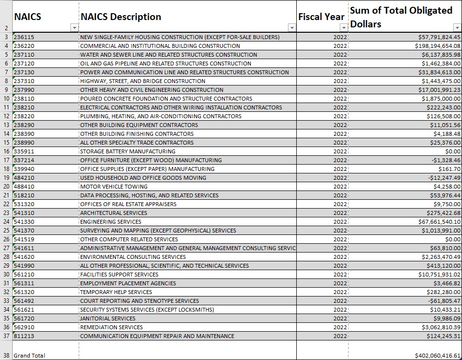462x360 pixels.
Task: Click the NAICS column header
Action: pos(28,17)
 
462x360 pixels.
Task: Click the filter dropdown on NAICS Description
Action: pos(292,28)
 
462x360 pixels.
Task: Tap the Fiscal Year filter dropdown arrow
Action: pos(344,28)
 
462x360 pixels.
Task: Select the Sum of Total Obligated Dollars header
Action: pos(401,17)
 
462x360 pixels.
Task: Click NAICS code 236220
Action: pos(24,46)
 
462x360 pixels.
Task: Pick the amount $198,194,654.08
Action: pos(438,46)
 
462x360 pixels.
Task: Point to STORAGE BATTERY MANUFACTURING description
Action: pos(128,151)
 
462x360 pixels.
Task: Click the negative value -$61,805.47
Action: pos(444,301)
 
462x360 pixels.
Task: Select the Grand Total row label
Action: pos(29,356)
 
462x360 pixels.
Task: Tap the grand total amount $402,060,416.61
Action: pos(438,356)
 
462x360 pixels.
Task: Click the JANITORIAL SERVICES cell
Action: pos(108,318)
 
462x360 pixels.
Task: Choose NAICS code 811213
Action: pos(24,336)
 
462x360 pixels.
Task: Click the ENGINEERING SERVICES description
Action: pos(111,222)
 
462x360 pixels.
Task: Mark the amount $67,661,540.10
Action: pos(440,222)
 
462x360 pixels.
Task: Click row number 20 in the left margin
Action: pos(6,187)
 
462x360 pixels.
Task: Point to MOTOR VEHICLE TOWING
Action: pos(114,187)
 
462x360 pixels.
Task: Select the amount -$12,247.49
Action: pos(444,178)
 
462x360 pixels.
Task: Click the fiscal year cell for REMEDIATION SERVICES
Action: pos(340,327)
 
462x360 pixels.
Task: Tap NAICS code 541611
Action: pos(24,248)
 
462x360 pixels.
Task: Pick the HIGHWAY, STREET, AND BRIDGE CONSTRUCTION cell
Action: pos(143,81)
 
